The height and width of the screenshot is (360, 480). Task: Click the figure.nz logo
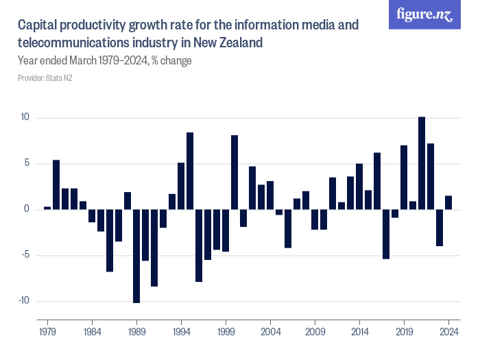pos(425,15)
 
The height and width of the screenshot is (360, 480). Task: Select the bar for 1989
pos(136,256)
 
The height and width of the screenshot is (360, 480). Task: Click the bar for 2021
pos(422,163)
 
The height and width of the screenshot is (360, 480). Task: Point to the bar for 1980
pos(56,184)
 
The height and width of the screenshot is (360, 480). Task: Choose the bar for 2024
pos(448,202)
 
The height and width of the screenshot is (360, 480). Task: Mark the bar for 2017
pos(386,234)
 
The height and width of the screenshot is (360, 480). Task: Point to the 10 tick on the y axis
pos(25,117)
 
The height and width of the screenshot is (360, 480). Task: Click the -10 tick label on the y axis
pos(23,301)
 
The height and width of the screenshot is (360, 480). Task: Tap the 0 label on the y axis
pos(27,209)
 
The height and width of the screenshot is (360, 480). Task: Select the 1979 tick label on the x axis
pos(47,331)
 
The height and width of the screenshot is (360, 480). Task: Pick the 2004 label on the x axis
pos(270,331)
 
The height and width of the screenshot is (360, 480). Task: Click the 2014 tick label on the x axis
pos(359,331)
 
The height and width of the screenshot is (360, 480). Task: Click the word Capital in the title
pos(38,26)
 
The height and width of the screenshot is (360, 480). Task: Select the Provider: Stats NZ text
pos(45,77)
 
